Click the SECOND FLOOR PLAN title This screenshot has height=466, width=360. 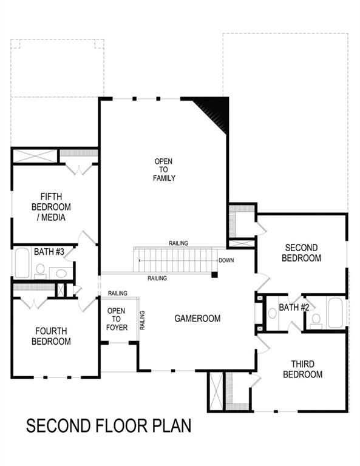click(109, 425)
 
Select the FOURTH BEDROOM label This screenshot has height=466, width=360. click(52, 336)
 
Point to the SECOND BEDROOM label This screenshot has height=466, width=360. click(303, 252)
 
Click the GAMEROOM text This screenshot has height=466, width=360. click(197, 318)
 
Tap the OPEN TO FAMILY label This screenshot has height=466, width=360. click(163, 170)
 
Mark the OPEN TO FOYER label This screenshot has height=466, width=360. click(117, 319)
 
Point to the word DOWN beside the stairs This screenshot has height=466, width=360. click(226, 260)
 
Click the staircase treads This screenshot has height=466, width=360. click(176, 260)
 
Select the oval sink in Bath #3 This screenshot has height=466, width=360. click(61, 273)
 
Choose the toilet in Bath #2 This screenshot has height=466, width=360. click(316, 322)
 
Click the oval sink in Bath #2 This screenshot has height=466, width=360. click(272, 313)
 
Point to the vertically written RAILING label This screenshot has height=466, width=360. click(142, 320)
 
